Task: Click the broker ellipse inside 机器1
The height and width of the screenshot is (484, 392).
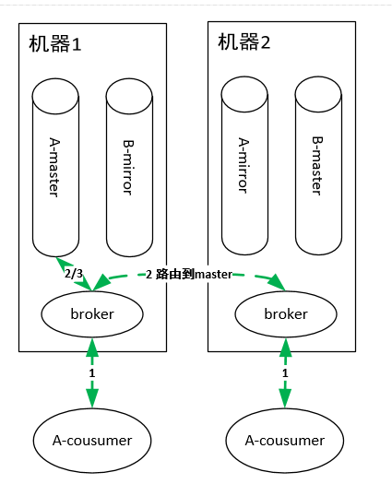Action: (x=92, y=314)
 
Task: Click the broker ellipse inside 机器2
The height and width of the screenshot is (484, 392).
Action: (x=286, y=314)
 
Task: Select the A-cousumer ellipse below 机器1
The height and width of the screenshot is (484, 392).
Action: (x=91, y=441)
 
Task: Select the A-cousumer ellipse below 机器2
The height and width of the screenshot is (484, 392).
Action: (x=285, y=441)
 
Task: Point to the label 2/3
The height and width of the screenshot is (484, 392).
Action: (x=74, y=274)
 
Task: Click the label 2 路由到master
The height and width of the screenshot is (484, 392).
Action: (x=188, y=274)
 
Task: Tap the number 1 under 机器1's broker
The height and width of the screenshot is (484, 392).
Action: (x=91, y=372)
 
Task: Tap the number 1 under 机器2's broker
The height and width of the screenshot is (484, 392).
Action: (x=285, y=372)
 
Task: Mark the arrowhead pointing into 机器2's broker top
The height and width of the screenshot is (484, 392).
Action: (x=275, y=283)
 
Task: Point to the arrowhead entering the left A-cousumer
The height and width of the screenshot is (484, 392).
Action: (x=91, y=398)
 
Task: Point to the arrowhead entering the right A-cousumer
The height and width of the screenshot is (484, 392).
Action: (x=285, y=398)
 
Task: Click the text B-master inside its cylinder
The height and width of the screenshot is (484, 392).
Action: (x=317, y=167)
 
